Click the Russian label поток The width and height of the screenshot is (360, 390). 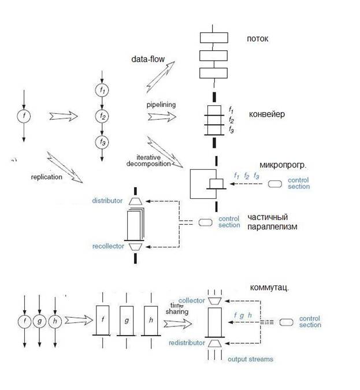click(x=257, y=39)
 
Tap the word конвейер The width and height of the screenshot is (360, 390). click(x=267, y=114)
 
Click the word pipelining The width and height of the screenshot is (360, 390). click(x=161, y=105)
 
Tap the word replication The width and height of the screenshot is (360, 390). click(x=46, y=177)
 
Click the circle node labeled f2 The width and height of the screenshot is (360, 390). click(x=102, y=116)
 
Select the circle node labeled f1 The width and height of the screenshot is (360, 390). click(x=102, y=90)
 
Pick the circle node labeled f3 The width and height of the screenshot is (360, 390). click(x=102, y=141)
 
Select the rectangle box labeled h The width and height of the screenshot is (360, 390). click(x=150, y=320)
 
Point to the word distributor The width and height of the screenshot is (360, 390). click(x=107, y=200)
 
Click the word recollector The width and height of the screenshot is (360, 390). click(x=108, y=247)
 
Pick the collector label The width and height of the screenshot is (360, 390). click(x=192, y=300)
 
